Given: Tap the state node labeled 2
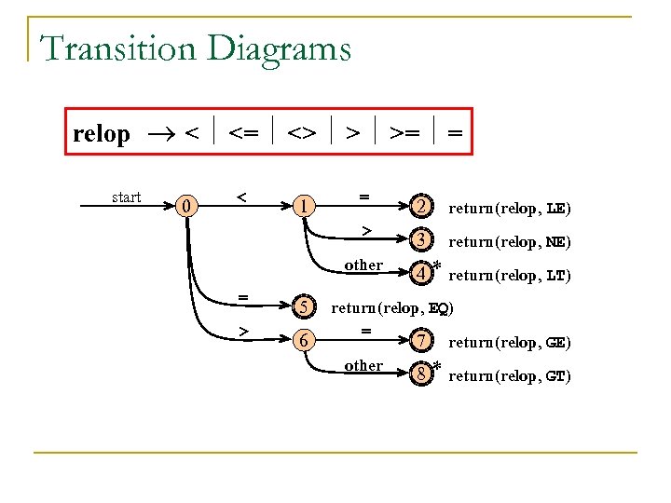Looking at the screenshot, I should tap(422, 206).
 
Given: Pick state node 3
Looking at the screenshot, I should tap(422, 240).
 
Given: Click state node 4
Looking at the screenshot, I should tap(422, 274).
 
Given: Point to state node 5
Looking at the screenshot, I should tap(302, 307).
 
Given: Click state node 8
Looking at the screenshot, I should tap(422, 374).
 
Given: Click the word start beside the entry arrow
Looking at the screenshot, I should tap(126, 197).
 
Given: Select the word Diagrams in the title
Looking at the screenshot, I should tap(281, 48).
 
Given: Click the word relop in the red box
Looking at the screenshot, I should tap(102, 134).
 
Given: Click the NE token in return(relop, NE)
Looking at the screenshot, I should tap(555, 242).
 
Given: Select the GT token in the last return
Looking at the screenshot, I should tap(555, 376).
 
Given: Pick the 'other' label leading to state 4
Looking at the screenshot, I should tap(363, 265).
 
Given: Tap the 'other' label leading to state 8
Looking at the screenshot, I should tap(363, 366).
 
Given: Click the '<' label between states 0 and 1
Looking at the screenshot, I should tap(241, 197).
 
